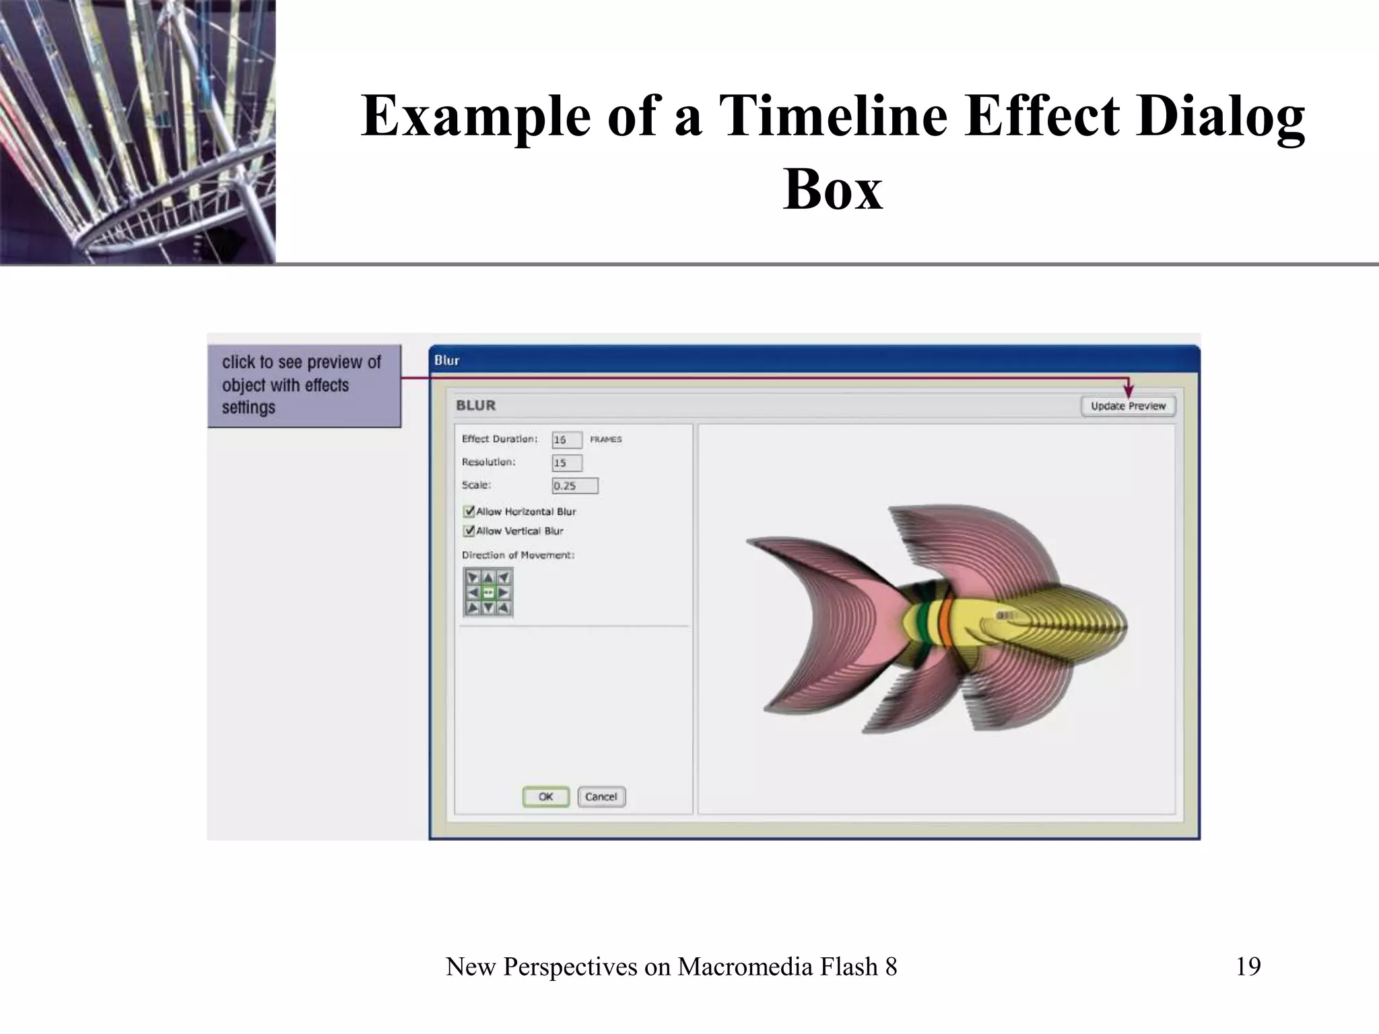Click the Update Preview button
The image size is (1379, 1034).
(x=1128, y=406)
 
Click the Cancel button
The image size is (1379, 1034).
(x=601, y=797)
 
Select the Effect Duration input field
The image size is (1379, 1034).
(x=566, y=440)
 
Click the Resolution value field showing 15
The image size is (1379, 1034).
(x=567, y=463)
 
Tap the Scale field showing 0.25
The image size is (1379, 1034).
(x=574, y=486)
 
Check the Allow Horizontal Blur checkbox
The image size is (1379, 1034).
(x=469, y=512)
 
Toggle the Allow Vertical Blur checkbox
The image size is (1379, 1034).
(x=469, y=531)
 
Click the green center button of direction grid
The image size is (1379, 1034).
(x=488, y=593)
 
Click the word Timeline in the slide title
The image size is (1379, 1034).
(x=834, y=116)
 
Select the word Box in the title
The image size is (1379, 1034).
(x=832, y=189)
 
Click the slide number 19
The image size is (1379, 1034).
(x=1248, y=967)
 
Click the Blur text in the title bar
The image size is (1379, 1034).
(x=447, y=361)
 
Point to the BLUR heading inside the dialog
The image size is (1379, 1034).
(x=475, y=405)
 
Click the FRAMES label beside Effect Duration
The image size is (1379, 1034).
(x=606, y=440)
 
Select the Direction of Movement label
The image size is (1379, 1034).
(x=518, y=555)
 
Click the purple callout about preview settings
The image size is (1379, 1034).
(x=304, y=386)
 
